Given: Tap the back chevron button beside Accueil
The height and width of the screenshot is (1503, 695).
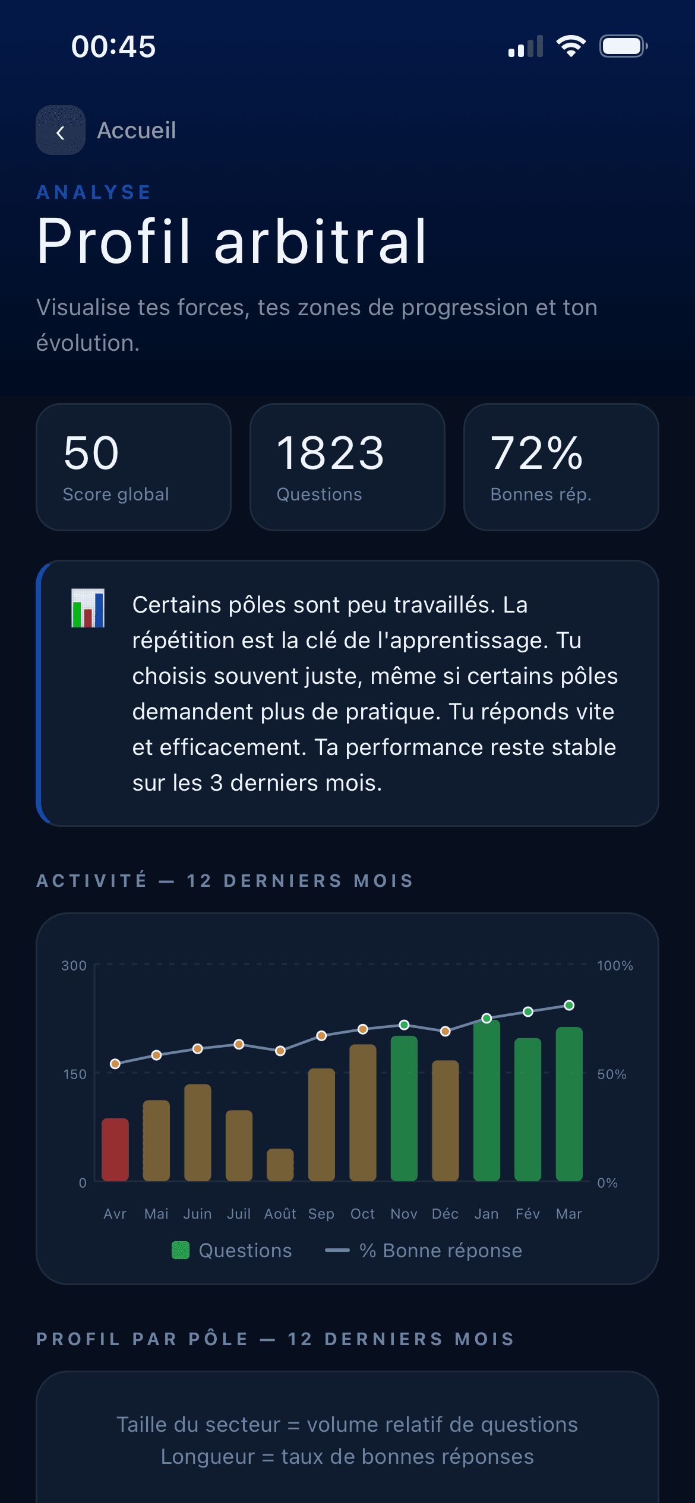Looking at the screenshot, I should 60,131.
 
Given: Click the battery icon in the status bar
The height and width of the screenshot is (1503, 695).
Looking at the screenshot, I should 623,46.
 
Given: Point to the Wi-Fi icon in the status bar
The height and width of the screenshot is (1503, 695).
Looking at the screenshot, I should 570,46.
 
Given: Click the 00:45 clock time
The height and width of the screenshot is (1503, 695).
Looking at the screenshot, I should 113,46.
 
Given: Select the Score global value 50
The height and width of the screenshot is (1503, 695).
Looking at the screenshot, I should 91,453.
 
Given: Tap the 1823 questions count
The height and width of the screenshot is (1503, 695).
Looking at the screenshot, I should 330,453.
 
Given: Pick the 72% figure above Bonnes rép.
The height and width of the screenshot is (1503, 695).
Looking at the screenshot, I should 536,453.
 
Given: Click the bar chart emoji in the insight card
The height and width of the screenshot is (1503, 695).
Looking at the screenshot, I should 88,608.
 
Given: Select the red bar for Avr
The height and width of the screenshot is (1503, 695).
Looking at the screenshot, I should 115,1150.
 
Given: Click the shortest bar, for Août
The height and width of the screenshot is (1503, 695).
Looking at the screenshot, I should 280,1165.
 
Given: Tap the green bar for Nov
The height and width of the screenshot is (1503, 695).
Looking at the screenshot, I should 404,1108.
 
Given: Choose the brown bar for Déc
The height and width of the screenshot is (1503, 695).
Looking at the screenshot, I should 446,1121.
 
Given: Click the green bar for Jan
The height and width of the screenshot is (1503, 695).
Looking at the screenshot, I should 486,1101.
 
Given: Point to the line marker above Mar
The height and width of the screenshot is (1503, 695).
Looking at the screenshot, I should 569,1005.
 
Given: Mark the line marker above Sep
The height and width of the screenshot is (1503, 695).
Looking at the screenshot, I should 321,1036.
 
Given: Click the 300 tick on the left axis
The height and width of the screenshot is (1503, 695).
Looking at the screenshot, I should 74,966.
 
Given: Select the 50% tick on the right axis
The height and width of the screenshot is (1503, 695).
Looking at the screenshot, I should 612,1074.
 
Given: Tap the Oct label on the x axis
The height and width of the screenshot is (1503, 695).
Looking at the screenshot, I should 362,1214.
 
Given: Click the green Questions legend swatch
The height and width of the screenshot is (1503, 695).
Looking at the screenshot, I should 181,1250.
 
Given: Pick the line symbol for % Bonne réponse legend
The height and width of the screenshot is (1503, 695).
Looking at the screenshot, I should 337,1250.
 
